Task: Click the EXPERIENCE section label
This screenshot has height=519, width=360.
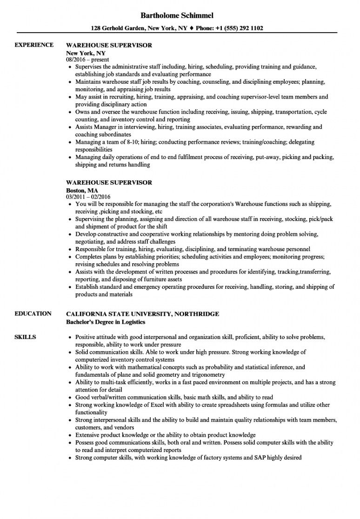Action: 34,45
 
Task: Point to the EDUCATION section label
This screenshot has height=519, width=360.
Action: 33,313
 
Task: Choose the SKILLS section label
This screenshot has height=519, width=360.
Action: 25,337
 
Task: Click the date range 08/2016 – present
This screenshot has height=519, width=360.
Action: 87,60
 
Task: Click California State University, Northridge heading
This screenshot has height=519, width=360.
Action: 142,314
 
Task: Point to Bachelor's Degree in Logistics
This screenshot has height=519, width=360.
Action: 106,321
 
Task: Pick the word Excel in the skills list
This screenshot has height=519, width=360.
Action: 144,405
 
